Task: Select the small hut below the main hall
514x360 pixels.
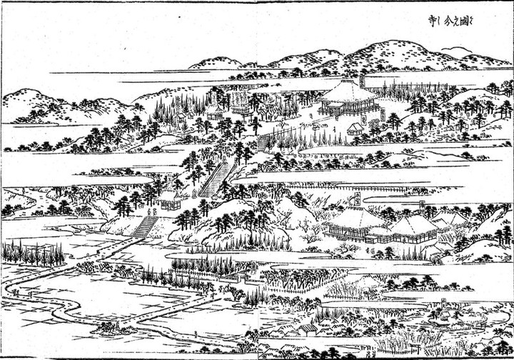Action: click(x=355, y=129)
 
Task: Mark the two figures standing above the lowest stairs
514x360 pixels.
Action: click(x=151, y=212)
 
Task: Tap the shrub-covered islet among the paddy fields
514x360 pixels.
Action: click(x=109, y=328)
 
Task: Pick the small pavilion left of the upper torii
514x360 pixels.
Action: click(x=214, y=111)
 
